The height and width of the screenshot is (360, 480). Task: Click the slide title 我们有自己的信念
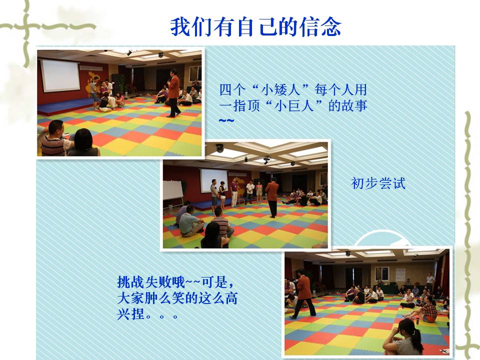click(x=255, y=27)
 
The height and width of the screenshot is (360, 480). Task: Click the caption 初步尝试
click(x=378, y=183)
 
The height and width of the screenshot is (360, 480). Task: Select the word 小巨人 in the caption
click(x=294, y=105)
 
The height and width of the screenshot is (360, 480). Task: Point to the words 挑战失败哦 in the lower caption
click(x=151, y=282)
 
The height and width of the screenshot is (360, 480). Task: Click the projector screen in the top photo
click(x=60, y=75)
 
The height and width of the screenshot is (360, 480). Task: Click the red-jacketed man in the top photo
click(x=173, y=93)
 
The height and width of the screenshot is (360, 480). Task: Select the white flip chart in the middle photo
click(x=173, y=190)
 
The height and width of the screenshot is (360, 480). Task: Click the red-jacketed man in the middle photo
click(x=272, y=197)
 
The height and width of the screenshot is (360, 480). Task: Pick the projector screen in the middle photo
click(x=214, y=180)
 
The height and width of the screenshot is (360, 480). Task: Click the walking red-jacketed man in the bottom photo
click(x=303, y=294)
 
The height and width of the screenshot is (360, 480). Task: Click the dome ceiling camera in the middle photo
click(x=219, y=148)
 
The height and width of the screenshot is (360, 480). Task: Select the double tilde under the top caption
click(x=226, y=120)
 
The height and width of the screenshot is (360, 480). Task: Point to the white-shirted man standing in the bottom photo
click(x=430, y=280)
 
